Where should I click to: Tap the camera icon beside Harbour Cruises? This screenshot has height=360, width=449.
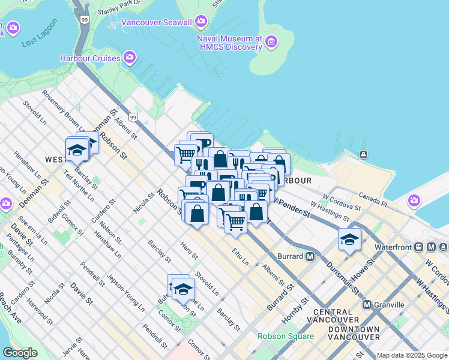pyautogui.click(x=129, y=58)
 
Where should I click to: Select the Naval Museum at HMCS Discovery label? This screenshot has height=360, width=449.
pyautogui.click(x=230, y=43)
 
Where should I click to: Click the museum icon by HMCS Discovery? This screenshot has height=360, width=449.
pyautogui.click(x=272, y=42)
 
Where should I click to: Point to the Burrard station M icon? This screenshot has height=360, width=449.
pyautogui.click(x=310, y=256)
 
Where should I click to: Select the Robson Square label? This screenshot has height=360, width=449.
pyautogui.click(x=286, y=336)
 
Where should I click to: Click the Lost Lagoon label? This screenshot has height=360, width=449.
pyautogui.click(x=40, y=34)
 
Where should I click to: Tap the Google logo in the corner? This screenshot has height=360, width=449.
pyautogui.click(x=20, y=353)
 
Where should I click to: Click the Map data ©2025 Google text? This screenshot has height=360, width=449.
pyautogui.click(x=412, y=355)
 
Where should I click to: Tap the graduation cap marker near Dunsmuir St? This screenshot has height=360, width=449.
pyautogui.click(x=349, y=241)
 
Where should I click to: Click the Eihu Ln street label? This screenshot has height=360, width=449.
pyautogui.click(x=238, y=256)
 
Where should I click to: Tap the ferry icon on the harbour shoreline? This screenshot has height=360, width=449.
pyautogui.click(x=363, y=155)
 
